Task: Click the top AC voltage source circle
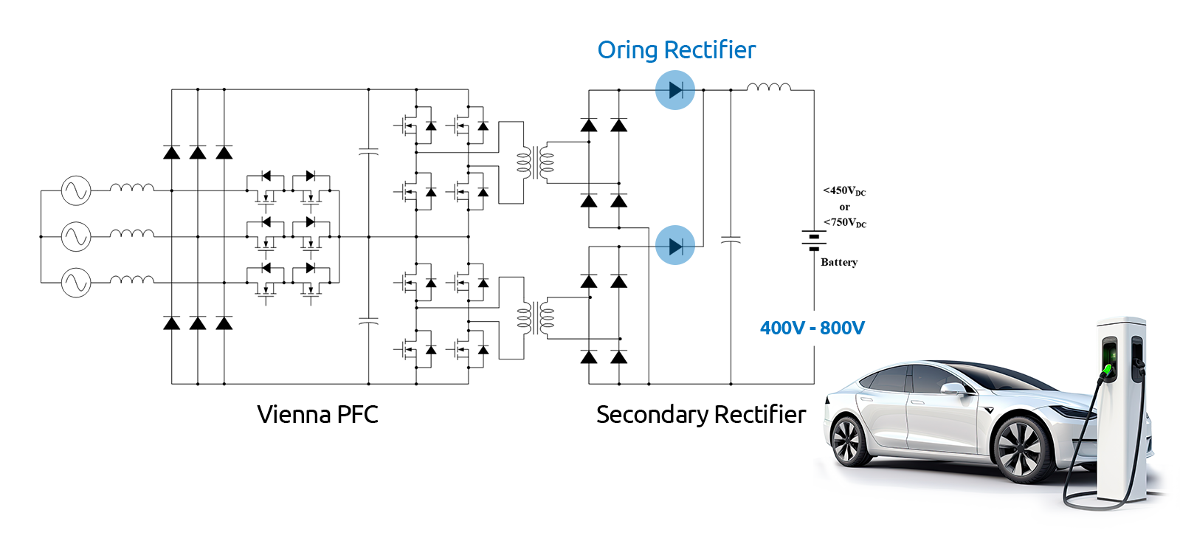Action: (76, 190)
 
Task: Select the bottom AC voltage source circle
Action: (76, 283)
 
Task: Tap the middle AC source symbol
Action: (76, 237)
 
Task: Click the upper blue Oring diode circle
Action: (675, 90)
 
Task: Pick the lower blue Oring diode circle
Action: (675, 245)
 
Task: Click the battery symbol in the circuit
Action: (814, 240)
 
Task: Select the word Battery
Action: (839, 262)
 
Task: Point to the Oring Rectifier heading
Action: (677, 50)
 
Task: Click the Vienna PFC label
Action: (317, 414)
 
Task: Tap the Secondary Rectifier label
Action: (701, 415)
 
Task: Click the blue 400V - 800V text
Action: (812, 328)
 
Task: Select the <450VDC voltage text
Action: (844, 191)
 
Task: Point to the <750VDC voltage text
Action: (845, 222)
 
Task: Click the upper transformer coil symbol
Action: (535, 163)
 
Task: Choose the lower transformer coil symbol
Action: (535, 318)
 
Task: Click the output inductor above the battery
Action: (768, 87)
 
